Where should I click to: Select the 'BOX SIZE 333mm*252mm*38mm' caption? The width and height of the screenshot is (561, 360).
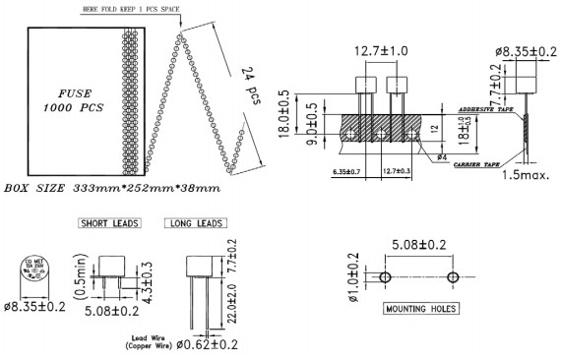tap(111, 186)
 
